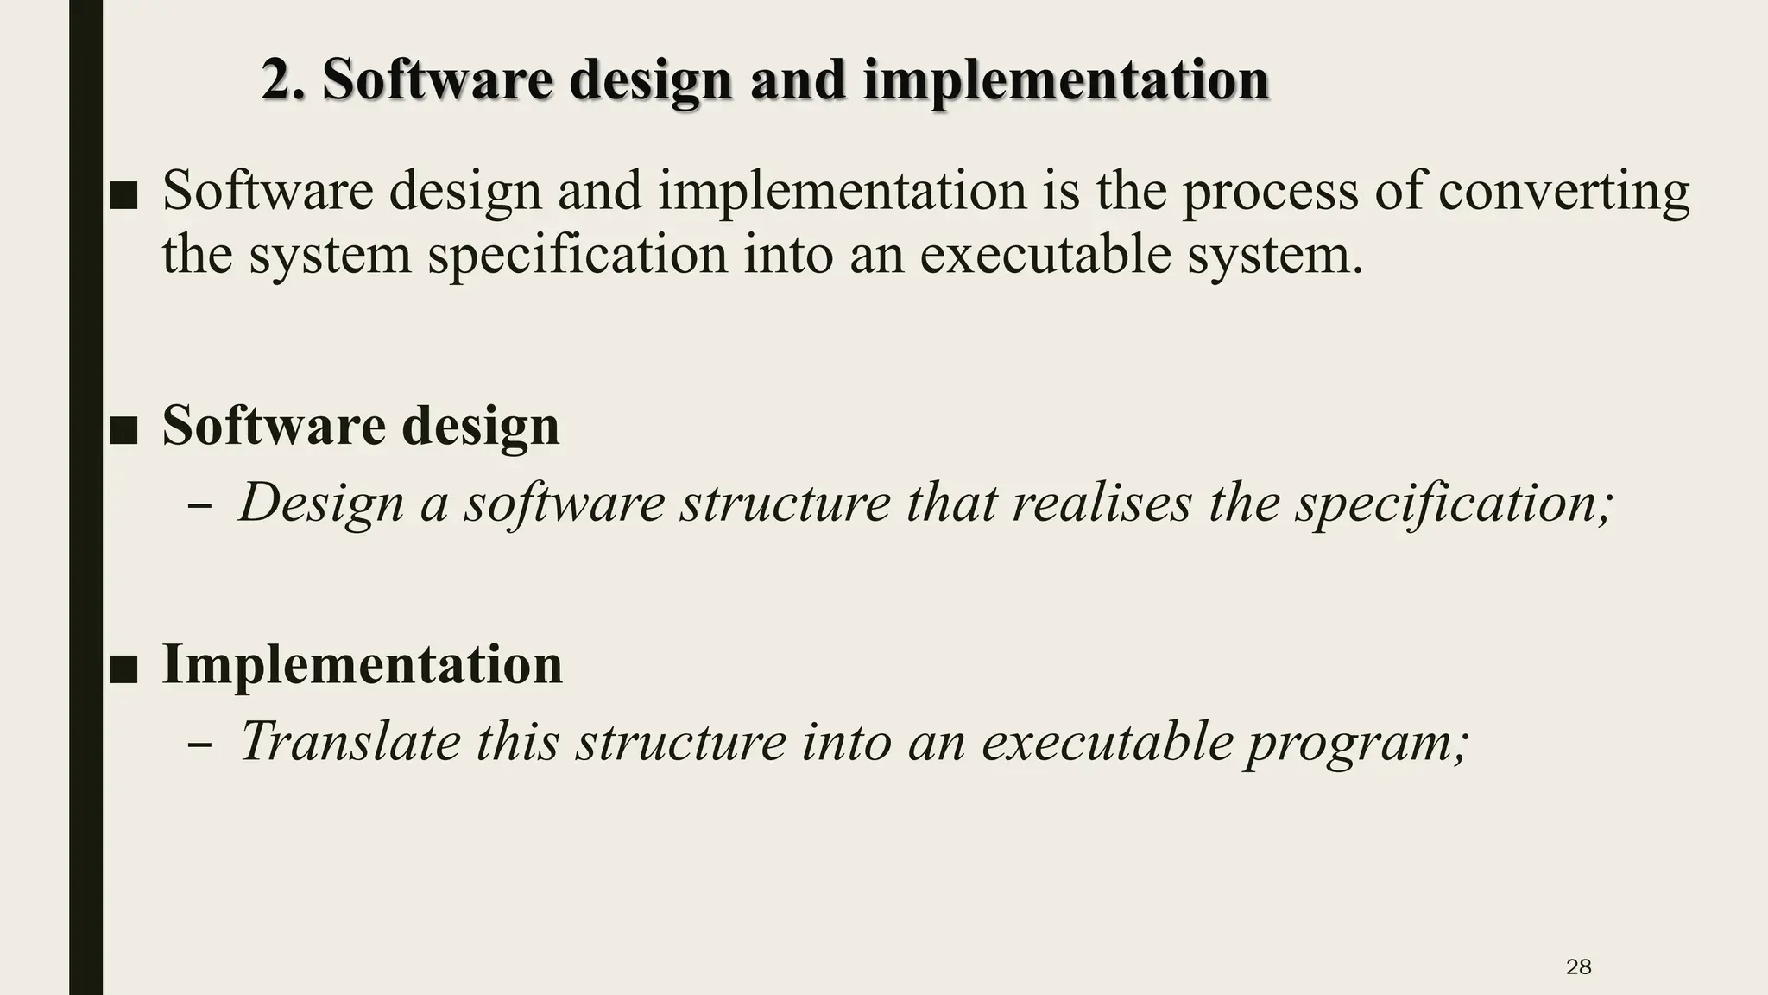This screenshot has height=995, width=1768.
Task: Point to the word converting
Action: pyautogui.click(x=1563, y=192)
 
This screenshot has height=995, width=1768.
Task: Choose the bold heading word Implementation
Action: pyautogui.click(x=362, y=664)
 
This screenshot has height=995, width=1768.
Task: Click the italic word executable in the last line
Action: pyautogui.click(x=1107, y=741)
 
